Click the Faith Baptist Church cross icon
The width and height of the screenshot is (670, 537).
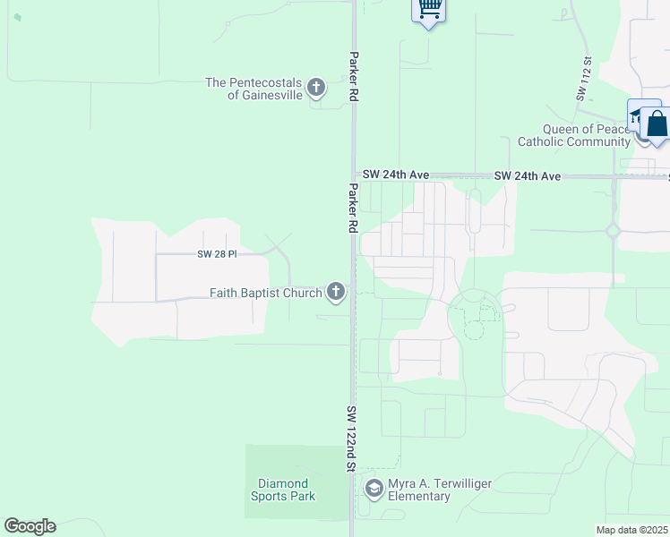pyautogui.click(x=336, y=293)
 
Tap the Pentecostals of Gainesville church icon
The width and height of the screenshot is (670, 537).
pyautogui.click(x=315, y=88)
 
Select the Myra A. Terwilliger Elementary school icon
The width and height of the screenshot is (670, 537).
pyautogui.click(x=374, y=490)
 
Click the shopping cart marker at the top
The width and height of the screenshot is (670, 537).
pyautogui.click(x=429, y=9)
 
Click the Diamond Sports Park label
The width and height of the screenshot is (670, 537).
pyautogui.click(x=281, y=490)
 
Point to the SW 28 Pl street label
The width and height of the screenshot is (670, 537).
pyautogui.click(x=217, y=254)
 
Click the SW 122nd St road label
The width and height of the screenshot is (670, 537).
pyautogui.click(x=351, y=439)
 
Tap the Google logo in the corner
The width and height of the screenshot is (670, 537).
pyautogui.click(x=30, y=526)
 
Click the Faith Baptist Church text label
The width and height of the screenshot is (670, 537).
pyautogui.click(x=265, y=293)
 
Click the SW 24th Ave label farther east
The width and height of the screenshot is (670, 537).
pyautogui.click(x=527, y=176)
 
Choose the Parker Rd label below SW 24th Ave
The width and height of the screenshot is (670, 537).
pyautogui.click(x=353, y=209)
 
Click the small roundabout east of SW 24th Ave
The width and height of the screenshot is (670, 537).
pyautogui.click(x=614, y=231)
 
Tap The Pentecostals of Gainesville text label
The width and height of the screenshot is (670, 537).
pyautogui.click(x=253, y=89)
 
